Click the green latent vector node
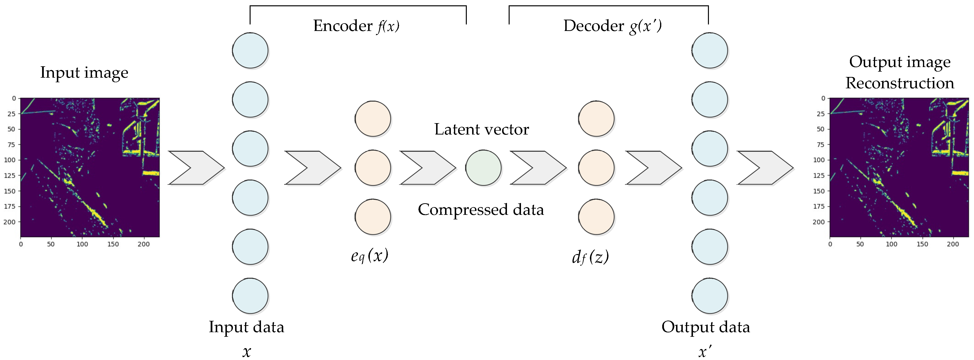[483, 168]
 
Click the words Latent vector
[481, 129]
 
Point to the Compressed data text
[481, 210]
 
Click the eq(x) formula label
[369, 256]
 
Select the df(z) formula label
[590, 257]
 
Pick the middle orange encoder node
[372, 168]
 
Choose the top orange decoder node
[596, 119]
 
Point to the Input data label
[246, 327]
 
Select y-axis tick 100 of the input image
[10, 160]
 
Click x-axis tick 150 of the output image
[922, 244]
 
